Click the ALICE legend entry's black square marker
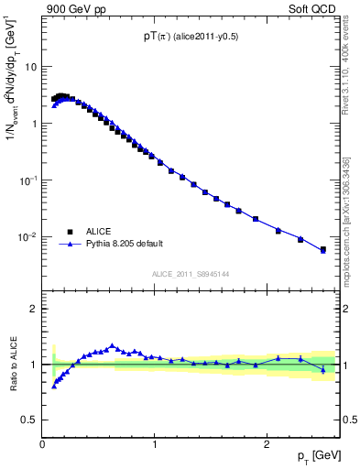tap(70, 232)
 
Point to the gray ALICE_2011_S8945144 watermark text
tap(191, 274)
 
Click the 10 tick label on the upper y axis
tap(31, 67)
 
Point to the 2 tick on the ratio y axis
tap(34, 309)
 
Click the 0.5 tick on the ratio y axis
tap(30, 420)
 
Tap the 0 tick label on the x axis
tap(43, 444)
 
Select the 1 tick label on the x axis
tap(156, 444)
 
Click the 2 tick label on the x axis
tap(267, 444)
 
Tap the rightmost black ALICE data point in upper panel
tap(322, 249)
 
